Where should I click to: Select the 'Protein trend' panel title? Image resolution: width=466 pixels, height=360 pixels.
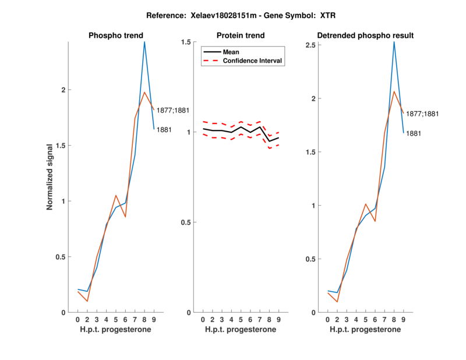coord(241,36)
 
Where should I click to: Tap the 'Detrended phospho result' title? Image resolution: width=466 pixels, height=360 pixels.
coord(365,36)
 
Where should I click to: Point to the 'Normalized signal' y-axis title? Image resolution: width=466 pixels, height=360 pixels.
coord(51,177)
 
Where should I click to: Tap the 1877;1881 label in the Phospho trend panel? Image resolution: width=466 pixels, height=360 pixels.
coord(173,110)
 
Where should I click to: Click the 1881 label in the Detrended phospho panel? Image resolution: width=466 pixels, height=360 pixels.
coord(414,133)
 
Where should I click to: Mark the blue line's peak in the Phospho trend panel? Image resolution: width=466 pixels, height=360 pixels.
coord(144,42)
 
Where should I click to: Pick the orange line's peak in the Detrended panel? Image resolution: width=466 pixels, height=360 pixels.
coord(394,91)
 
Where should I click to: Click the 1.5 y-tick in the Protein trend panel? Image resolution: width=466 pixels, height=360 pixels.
coord(186,42)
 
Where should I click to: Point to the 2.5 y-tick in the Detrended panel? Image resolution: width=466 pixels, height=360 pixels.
coord(312,45)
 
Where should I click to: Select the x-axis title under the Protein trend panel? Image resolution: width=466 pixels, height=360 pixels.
coord(241,330)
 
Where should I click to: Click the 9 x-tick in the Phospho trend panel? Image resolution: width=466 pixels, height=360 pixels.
coord(154,320)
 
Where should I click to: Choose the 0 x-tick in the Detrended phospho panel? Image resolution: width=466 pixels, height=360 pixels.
coord(327,320)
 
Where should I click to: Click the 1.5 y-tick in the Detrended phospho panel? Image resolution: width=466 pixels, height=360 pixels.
coord(312,152)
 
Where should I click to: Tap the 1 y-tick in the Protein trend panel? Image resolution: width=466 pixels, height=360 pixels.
coord(189,132)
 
